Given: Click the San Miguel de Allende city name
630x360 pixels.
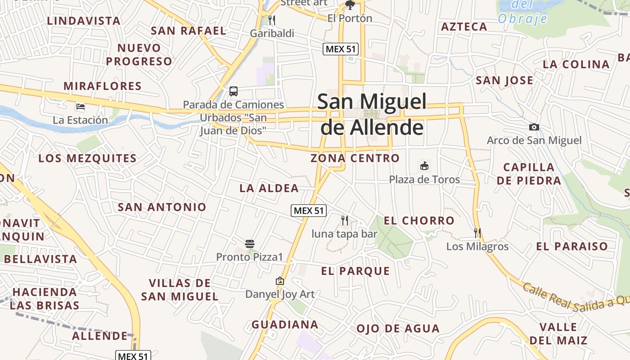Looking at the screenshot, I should pos(372,114).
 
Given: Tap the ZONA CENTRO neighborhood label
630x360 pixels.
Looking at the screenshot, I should pos(355,158).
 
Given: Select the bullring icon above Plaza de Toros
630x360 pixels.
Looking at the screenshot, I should pos(424,166).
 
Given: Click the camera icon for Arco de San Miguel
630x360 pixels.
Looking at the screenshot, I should pos(534,127).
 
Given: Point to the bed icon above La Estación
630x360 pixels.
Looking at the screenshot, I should pos(81,107).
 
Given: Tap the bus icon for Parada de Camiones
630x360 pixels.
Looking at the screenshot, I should pos(233,91).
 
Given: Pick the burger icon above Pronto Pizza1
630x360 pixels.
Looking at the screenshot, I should pos(250,244).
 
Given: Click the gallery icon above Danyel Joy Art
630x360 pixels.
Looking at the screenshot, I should pos(280,281).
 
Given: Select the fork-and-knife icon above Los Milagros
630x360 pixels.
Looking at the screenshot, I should pos(477,233).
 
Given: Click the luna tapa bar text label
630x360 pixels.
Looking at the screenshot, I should pos(344,234).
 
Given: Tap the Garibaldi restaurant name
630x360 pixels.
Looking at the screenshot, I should pos(272,33).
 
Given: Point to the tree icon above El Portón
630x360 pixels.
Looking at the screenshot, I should pos(350,5).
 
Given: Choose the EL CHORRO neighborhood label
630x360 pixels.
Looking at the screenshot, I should pos(419,220).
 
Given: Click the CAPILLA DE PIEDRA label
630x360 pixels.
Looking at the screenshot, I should pos(529,174).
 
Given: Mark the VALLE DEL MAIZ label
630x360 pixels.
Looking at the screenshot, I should pos(558,333).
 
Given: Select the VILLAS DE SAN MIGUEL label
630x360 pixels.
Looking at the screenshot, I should pos(180,290).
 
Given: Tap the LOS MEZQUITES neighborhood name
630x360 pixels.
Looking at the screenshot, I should pos(87,158).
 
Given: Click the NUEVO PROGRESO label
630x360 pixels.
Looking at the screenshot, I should pos(139,54).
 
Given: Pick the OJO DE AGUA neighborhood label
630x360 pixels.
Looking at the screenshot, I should pos(398,328).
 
